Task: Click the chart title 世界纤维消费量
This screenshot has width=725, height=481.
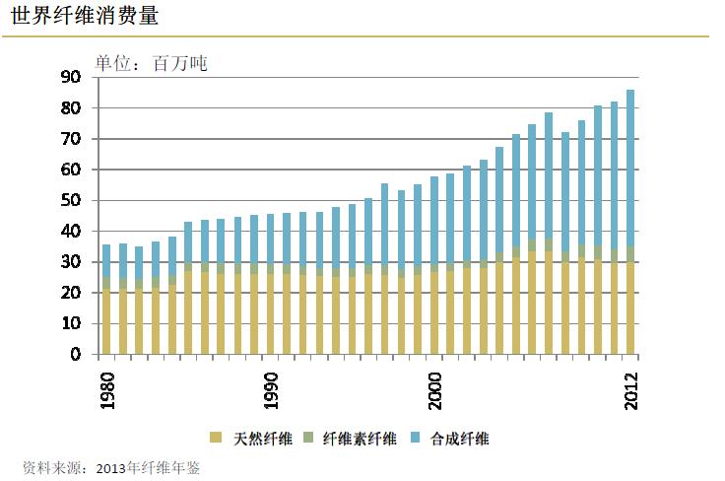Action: click(85, 17)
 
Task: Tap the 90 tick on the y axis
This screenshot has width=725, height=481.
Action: click(70, 77)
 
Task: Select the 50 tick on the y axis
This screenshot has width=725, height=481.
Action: click(70, 200)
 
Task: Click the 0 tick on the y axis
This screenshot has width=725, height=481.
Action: click(75, 355)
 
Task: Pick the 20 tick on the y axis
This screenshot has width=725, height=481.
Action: click(70, 293)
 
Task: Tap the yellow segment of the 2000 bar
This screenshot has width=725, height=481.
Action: click(434, 313)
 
